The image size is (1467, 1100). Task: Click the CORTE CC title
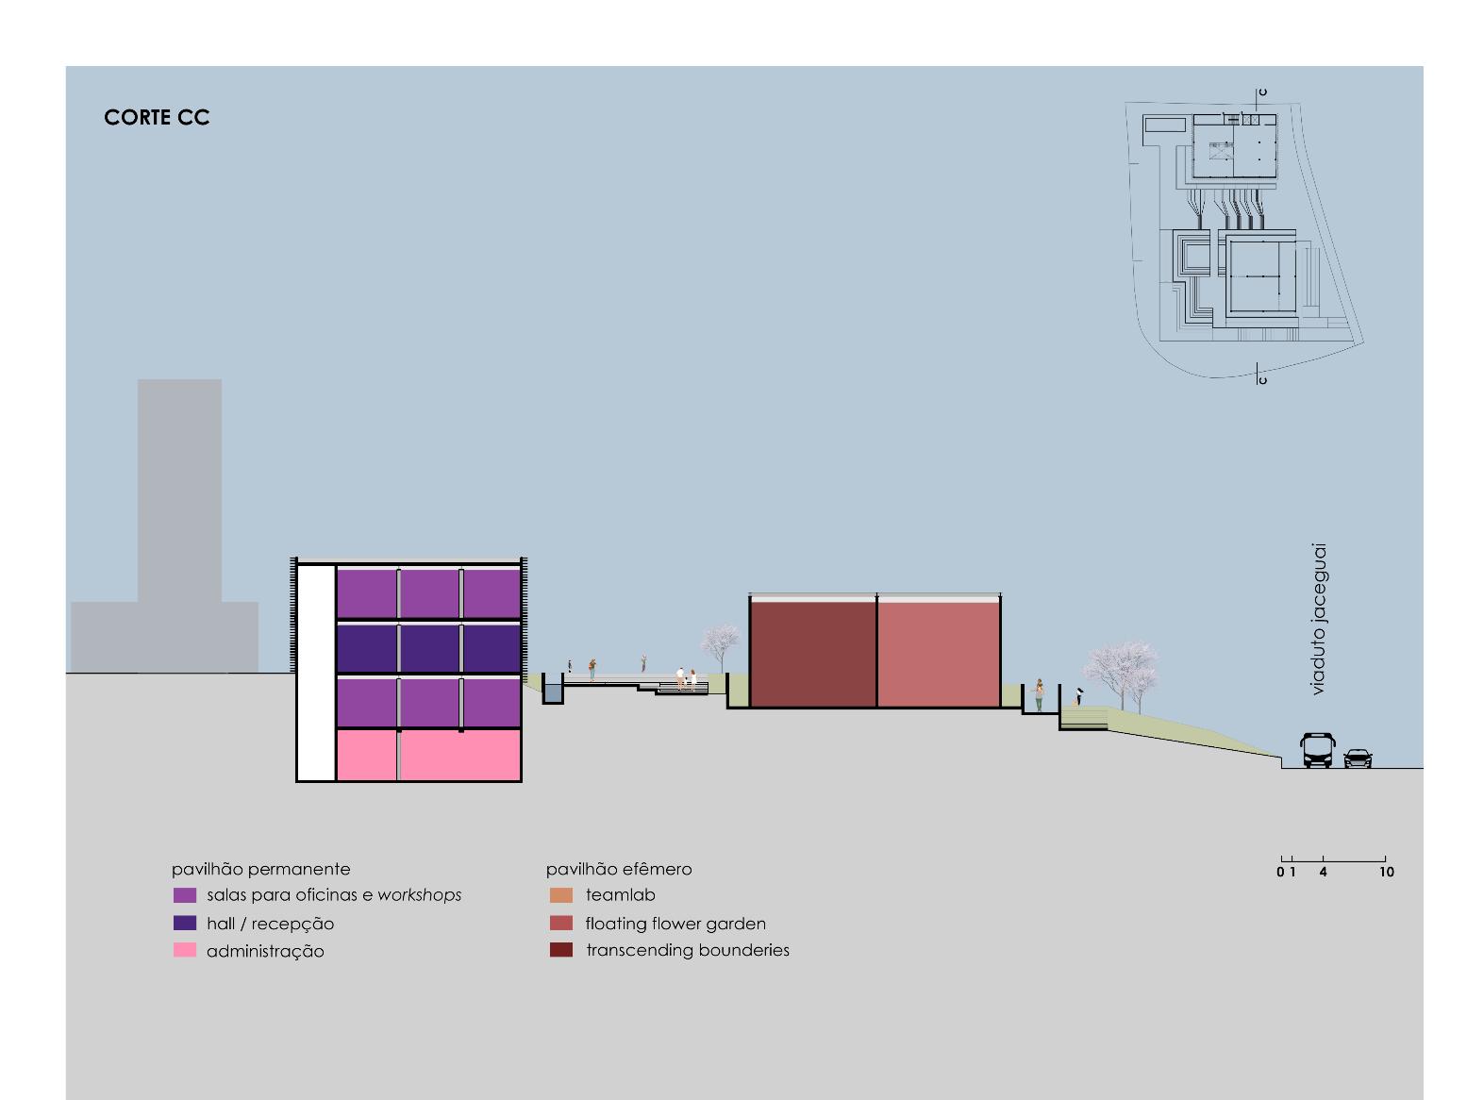pos(157,117)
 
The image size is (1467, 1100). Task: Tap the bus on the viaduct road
pos(1318,750)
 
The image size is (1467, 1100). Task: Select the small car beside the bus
pos(1358,758)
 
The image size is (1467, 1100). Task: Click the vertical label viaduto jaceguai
pos(1318,619)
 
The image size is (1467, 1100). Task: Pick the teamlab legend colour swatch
pos(561,895)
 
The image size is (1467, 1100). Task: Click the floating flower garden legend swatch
pos(561,924)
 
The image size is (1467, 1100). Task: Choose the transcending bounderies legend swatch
pos(561,950)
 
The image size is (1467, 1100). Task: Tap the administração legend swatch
pos(185,950)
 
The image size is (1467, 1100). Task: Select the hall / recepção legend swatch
pos(185,924)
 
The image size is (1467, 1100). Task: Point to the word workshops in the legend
pos(420,895)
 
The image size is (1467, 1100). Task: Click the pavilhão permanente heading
pos(260,869)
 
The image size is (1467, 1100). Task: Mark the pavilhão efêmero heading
pos(619,869)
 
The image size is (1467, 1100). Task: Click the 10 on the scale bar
pos(1386,873)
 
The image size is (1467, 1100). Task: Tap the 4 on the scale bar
pos(1323,873)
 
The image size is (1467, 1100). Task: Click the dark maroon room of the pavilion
pos(813,654)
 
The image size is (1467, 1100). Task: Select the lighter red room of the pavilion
pos(939,654)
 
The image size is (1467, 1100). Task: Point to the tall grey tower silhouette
pos(179,491)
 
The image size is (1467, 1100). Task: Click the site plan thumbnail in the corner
pos(1245,236)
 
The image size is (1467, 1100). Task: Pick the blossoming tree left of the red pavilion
pos(721,645)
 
